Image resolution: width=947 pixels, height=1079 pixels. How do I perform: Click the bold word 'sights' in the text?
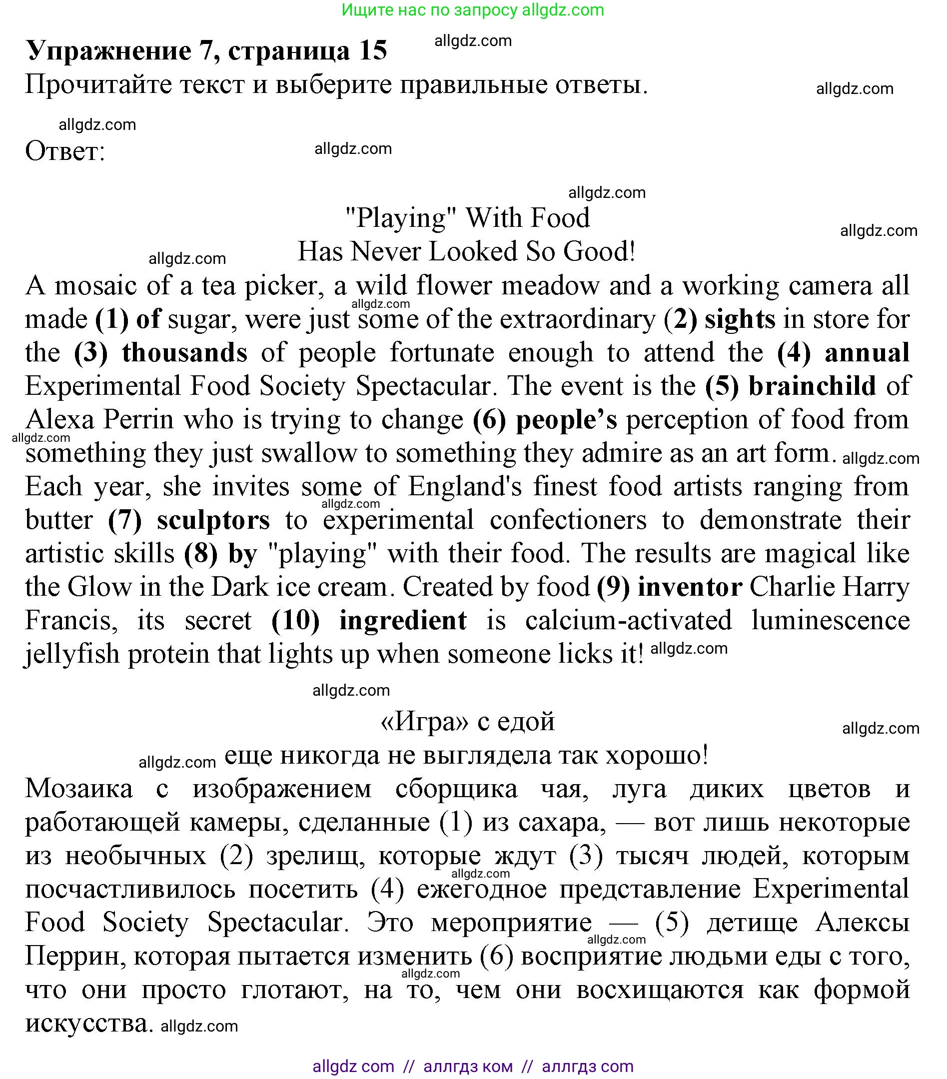(x=740, y=319)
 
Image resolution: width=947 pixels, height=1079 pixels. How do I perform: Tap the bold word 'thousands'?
(x=184, y=353)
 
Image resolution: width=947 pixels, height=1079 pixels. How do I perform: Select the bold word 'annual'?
(x=867, y=353)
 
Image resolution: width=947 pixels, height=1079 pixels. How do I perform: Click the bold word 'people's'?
(x=566, y=420)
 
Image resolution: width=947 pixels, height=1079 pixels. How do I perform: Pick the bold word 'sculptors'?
(x=213, y=520)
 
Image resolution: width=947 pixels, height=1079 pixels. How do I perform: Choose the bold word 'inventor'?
(x=690, y=587)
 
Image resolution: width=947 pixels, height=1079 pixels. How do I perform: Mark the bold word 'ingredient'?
(x=403, y=620)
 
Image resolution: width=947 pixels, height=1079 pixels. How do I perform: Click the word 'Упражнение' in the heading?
(x=109, y=50)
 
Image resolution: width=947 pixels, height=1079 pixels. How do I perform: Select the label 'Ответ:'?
(x=65, y=151)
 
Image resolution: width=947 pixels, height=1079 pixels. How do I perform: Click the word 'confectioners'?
(x=568, y=520)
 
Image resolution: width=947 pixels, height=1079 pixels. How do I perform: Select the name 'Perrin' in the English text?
(x=138, y=420)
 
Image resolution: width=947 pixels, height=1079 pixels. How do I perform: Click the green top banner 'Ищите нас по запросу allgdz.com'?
(x=472, y=9)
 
